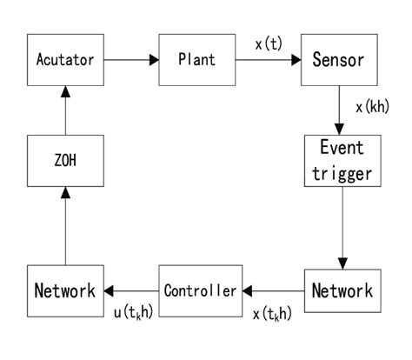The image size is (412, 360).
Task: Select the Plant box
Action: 197,60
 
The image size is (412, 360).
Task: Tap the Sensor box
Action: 337,60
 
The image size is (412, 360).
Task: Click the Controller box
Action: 200,290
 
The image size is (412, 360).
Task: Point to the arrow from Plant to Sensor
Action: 268,60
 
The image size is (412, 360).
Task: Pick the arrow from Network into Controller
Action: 273,290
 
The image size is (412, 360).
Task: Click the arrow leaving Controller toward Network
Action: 130,290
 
